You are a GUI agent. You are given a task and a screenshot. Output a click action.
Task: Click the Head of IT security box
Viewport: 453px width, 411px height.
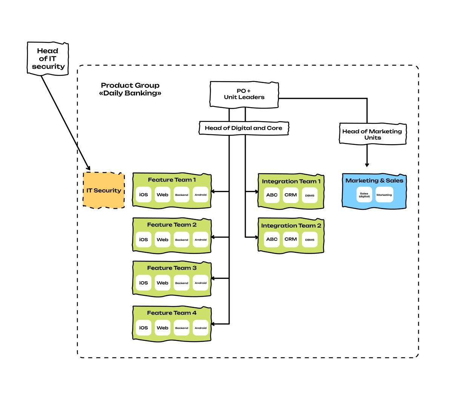[48, 58]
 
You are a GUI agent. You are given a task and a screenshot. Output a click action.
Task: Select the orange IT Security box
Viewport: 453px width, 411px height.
[104, 190]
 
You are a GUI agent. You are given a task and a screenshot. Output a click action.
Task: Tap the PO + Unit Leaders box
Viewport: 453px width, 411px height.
[244, 94]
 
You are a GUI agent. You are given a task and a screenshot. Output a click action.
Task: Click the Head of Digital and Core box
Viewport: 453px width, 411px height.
[243, 128]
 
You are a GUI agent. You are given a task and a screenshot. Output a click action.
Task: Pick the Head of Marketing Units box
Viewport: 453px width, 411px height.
[372, 134]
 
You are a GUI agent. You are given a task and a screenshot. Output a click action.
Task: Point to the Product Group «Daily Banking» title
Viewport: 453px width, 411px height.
[130, 89]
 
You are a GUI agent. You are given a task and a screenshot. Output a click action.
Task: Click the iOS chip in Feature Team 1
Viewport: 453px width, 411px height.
[143, 195]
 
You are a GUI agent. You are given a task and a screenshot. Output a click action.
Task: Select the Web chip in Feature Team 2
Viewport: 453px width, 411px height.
[162, 240]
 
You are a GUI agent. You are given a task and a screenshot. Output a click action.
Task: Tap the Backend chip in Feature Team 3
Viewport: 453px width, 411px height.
[182, 283]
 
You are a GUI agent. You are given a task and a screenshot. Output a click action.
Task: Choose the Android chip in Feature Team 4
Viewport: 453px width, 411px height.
[200, 328]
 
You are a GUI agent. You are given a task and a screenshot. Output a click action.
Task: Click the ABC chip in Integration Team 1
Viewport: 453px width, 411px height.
[272, 195]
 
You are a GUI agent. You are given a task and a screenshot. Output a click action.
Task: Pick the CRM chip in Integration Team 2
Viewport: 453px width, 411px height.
[291, 239]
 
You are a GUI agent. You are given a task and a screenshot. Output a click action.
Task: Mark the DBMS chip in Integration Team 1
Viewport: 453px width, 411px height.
[310, 195]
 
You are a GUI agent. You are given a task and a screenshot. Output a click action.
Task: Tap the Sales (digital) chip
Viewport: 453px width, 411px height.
[364, 195]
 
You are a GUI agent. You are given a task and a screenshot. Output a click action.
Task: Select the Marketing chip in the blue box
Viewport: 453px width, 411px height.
[384, 195]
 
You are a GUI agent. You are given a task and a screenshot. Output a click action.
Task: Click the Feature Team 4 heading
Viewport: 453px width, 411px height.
[172, 313]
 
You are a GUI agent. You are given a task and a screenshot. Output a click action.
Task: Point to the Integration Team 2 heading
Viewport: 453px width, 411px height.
[291, 226]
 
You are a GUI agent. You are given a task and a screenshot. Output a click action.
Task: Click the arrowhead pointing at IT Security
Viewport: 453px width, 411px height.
[89, 168]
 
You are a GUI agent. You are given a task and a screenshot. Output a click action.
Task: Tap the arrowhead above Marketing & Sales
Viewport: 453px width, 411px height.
[367, 165]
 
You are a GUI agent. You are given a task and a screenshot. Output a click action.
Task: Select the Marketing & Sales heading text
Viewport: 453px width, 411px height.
[374, 180]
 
